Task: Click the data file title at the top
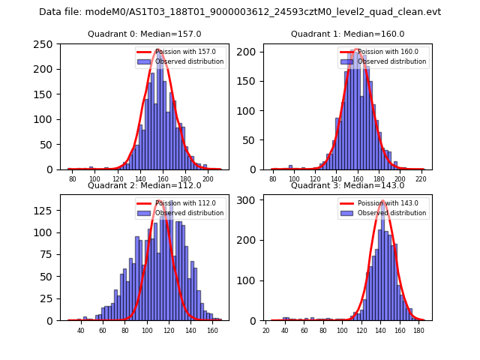240,12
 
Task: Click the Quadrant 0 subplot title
145,34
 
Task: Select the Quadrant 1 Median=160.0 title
347,34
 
